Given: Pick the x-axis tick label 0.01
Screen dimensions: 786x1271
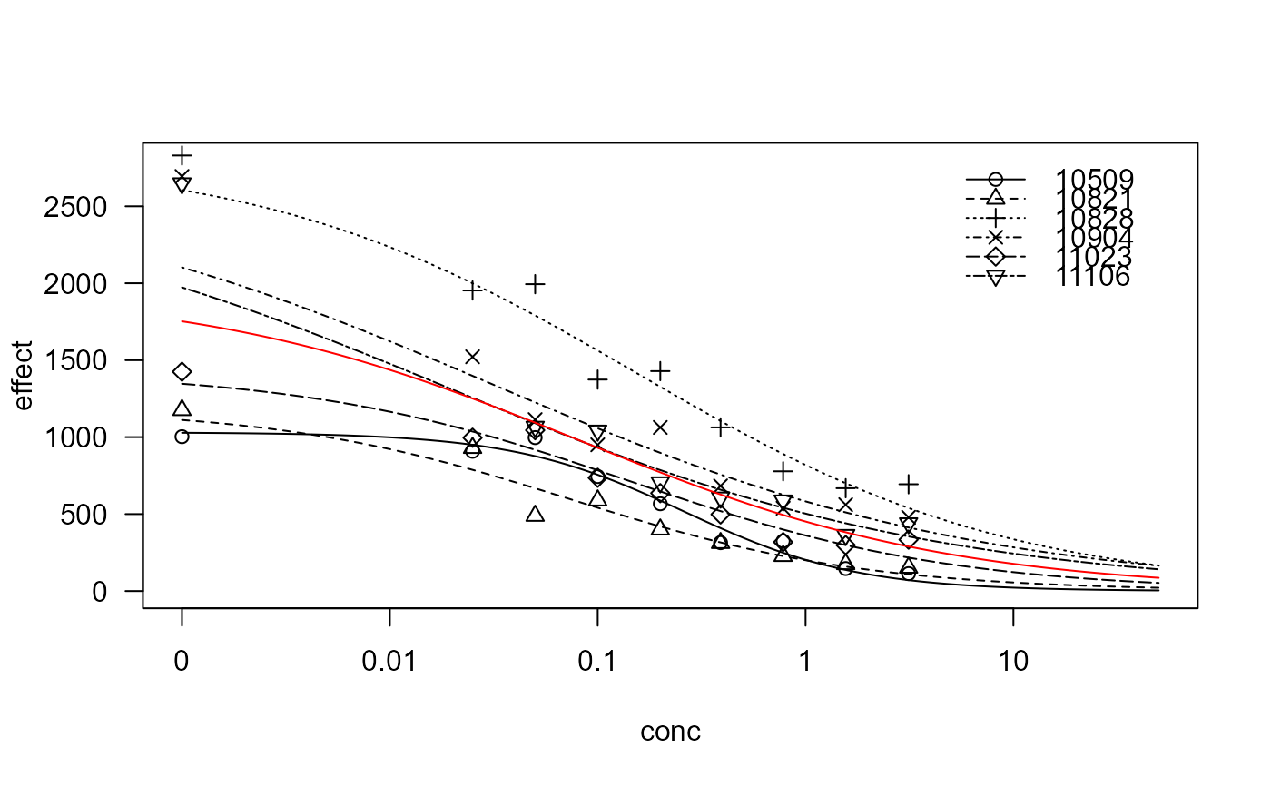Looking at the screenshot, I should pos(389,663).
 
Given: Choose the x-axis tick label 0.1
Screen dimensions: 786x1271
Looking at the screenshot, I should pos(597,663).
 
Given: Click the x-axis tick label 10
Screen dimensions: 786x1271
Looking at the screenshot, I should pos(1013,663).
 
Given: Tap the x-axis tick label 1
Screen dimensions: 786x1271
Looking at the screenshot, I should pos(805,663).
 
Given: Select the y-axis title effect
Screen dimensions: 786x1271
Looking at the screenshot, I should pos(25,375).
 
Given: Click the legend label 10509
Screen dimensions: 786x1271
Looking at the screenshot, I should pos(1095,179).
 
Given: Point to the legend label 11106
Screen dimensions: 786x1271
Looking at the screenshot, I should pos(1095,277).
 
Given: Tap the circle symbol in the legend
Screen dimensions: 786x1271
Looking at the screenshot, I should pos(995,179).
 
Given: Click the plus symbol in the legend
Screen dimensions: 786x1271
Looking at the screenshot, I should pos(995,218).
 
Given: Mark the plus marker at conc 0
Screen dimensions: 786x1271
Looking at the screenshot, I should pos(182,155).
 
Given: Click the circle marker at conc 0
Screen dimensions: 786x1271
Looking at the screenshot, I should pos(182,437).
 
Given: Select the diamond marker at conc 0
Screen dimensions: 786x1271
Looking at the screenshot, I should pos(182,372).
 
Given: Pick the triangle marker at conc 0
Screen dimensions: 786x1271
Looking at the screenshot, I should pos(182,408).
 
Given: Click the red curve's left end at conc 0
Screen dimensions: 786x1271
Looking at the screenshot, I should pos(182,321).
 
